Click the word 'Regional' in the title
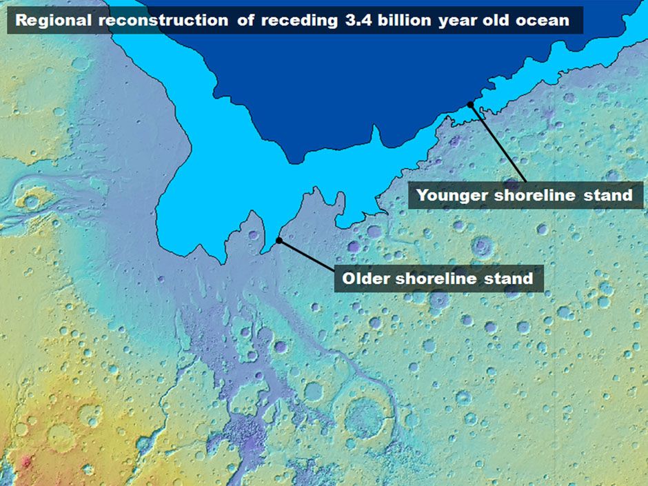[53, 20]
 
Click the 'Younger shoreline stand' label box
[525, 195]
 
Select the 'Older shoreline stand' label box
[438, 279]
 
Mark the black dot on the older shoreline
[279, 241]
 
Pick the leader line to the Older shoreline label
[307, 256]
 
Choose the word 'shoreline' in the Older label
[442, 279]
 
